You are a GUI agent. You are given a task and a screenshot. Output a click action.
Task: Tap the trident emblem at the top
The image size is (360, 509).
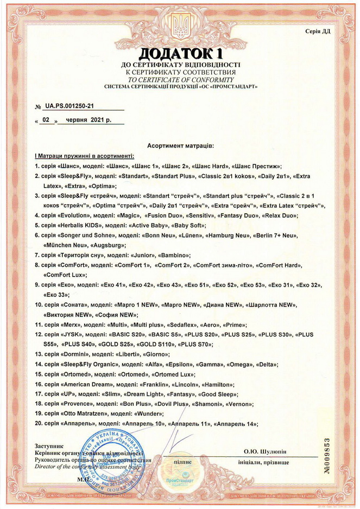tap(180, 24)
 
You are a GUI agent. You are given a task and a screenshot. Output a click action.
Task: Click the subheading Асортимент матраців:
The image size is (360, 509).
tap(180, 146)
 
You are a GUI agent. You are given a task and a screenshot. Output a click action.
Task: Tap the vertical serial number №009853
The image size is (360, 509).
tap(342, 455)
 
